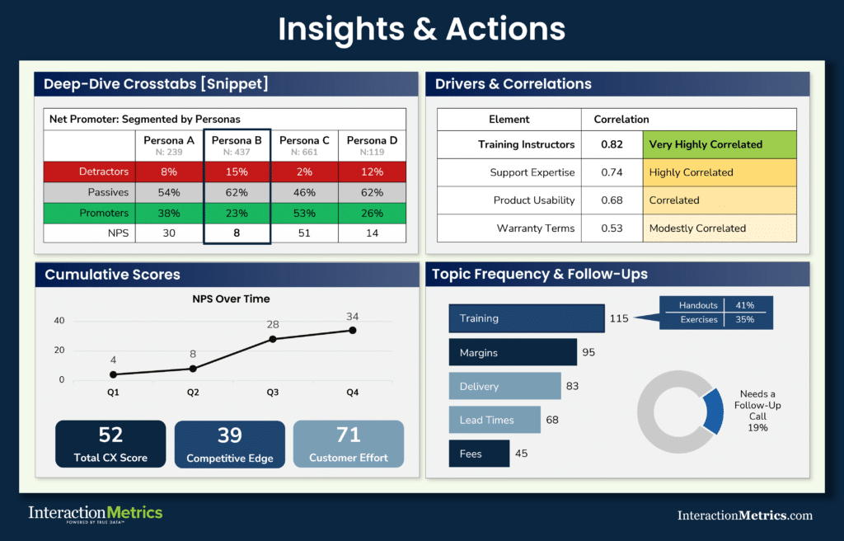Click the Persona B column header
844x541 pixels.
tap(237, 145)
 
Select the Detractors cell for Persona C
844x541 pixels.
tap(304, 172)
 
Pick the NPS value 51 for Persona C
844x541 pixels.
tap(304, 233)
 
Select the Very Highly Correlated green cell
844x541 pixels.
tap(720, 144)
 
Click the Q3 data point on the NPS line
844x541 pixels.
tap(273, 339)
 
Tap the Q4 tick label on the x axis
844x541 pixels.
tap(352, 393)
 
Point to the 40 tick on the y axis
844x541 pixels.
tap(59, 321)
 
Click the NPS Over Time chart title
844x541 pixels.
tap(232, 299)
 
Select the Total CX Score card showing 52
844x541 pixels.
tap(110, 444)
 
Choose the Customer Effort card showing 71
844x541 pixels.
tap(349, 444)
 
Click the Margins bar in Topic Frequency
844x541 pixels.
tap(512, 353)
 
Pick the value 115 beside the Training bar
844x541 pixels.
tap(619, 318)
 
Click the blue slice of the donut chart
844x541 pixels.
tap(712, 411)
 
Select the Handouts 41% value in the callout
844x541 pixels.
tap(746, 305)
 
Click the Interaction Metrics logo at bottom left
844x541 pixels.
tap(95, 514)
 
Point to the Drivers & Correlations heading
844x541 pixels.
tap(513, 84)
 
